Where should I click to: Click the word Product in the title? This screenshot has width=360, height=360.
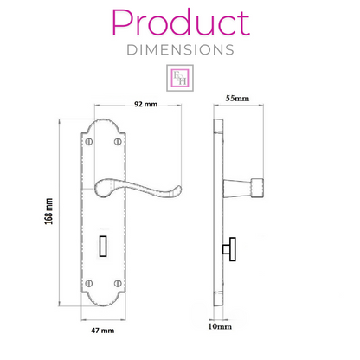click(180, 22)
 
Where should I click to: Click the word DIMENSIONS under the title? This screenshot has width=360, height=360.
click(180, 49)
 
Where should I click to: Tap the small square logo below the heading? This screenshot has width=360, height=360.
click(180, 77)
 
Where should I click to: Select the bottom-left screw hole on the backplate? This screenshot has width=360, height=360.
click(89, 282)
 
